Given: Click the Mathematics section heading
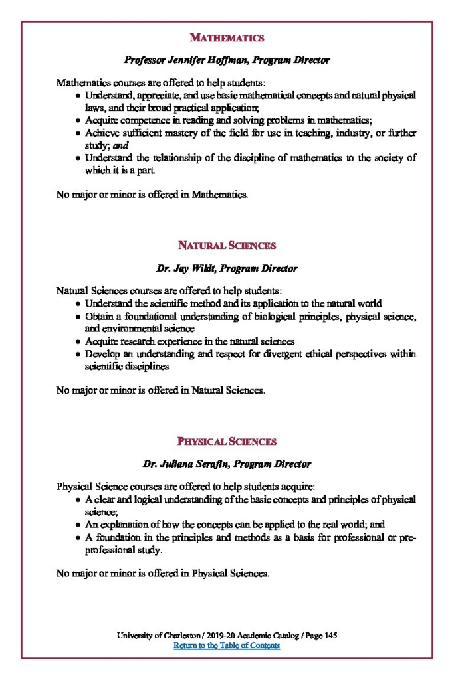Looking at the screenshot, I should point(227,37).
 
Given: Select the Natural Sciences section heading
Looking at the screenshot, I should point(227,245).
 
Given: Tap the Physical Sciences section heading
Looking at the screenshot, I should point(227,441).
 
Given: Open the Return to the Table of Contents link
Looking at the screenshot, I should point(227,645).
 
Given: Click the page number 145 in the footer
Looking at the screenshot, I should point(330,636).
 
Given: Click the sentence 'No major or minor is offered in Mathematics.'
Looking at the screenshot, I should point(152,195).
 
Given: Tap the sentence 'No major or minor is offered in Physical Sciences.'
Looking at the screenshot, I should point(163,572).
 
